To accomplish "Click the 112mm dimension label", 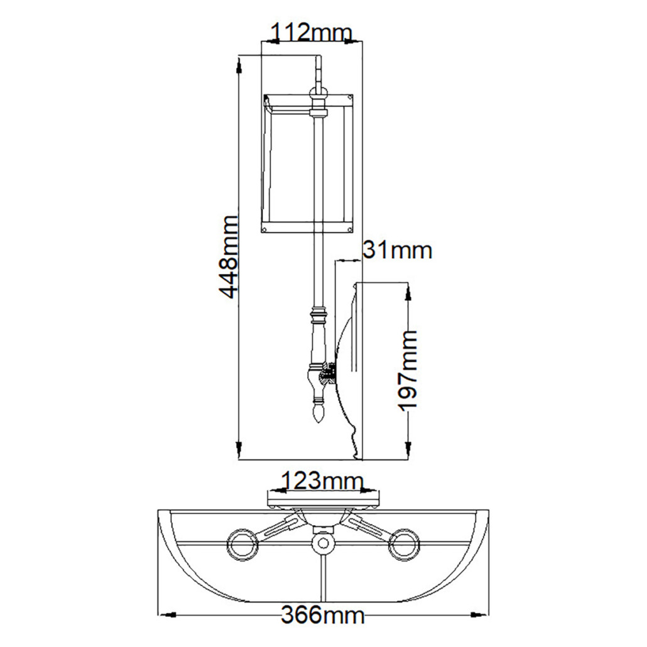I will tap(312, 31).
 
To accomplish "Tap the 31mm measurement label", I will tap(398, 250).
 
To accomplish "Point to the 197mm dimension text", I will tap(409, 370).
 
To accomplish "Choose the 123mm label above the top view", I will tap(322, 482).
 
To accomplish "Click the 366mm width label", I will tap(323, 614).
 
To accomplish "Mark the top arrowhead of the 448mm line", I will tap(240, 63).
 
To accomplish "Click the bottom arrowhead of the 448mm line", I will tap(240, 452).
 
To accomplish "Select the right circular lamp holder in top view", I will tap(404, 544).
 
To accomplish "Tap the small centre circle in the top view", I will tap(323, 543).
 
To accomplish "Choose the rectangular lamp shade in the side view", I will tap(308, 163).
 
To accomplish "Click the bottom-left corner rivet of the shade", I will tap(266, 230).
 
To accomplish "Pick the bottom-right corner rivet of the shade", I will tap(349, 230).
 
